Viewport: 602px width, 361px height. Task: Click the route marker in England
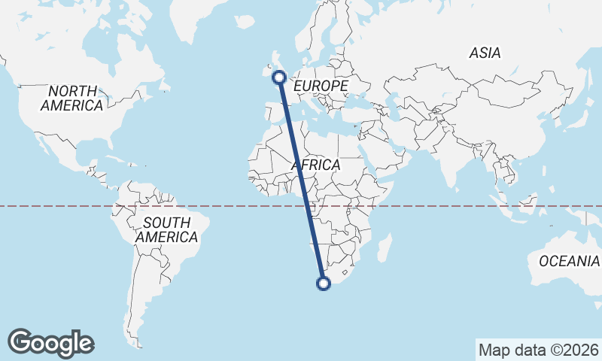[x=279, y=77]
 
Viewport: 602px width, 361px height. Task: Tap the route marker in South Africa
[x=324, y=284]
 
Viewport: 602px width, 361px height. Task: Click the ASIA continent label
[x=485, y=53]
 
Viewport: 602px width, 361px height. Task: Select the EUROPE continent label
[x=321, y=86]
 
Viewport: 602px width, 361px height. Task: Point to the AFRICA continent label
[x=315, y=165]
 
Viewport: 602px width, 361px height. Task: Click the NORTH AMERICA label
[x=72, y=99]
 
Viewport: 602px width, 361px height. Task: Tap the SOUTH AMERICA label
[x=167, y=229]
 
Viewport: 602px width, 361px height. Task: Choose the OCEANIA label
[x=569, y=261]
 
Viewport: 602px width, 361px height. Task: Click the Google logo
[x=51, y=342]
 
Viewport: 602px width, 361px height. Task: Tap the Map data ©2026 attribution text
[x=539, y=350]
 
